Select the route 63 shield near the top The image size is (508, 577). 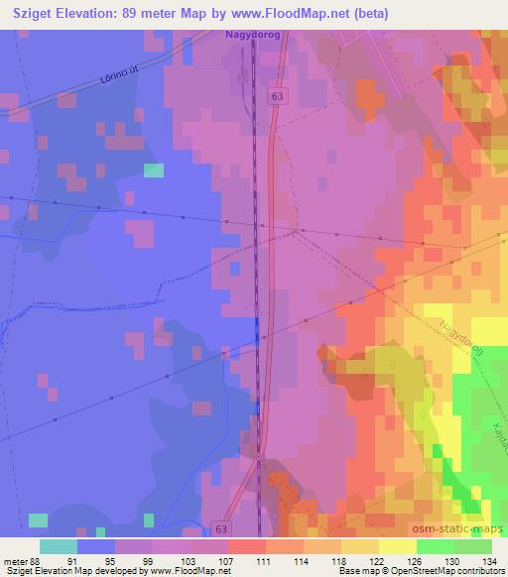[x=275, y=94]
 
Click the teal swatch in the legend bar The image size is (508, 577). [x=59, y=545]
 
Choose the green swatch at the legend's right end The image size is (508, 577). [x=472, y=545]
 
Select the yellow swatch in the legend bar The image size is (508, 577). [x=397, y=545]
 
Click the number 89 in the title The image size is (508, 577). [x=137, y=13]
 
